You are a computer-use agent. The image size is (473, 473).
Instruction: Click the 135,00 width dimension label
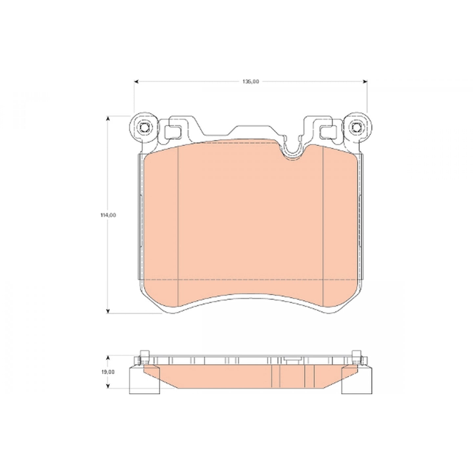(x=251, y=82)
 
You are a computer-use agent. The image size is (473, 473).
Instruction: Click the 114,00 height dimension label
(x=108, y=215)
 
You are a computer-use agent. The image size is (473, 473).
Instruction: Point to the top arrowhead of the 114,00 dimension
(x=107, y=119)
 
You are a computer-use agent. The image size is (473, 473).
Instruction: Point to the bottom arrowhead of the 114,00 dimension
(x=107, y=311)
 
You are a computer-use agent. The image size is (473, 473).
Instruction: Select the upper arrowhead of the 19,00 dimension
(x=107, y=358)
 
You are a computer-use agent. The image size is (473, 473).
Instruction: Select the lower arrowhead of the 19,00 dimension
(x=107, y=386)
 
